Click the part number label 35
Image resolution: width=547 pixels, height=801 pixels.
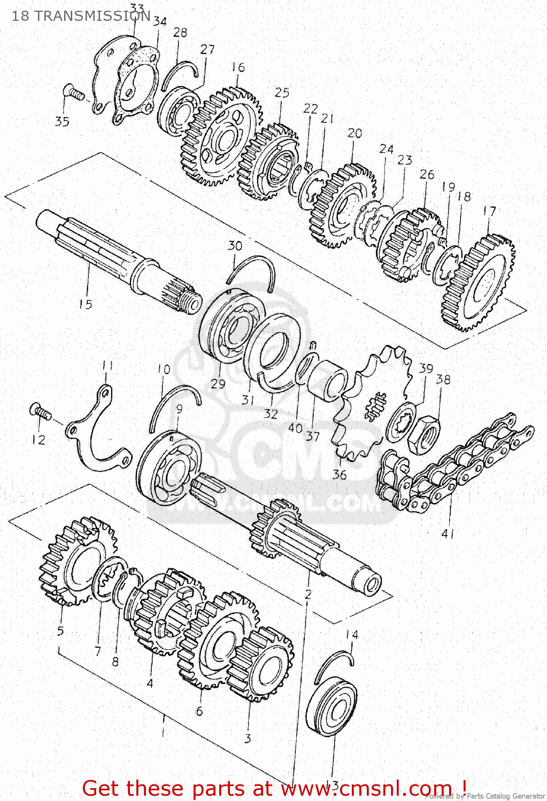pyautogui.click(x=62, y=121)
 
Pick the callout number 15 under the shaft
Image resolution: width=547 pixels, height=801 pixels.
pyautogui.click(x=85, y=304)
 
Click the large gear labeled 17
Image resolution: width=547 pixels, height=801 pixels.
pyautogui.click(x=477, y=283)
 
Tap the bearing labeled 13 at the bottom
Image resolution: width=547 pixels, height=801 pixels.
pyautogui.click(x=332, y=708)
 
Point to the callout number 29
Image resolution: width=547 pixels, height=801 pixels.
pyautogui.click(x=218, y=383)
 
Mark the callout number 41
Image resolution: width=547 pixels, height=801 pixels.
pyautogui.click(x=448, y=533)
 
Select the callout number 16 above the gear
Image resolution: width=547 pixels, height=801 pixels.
pyautogui.click(x=238, y=67)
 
